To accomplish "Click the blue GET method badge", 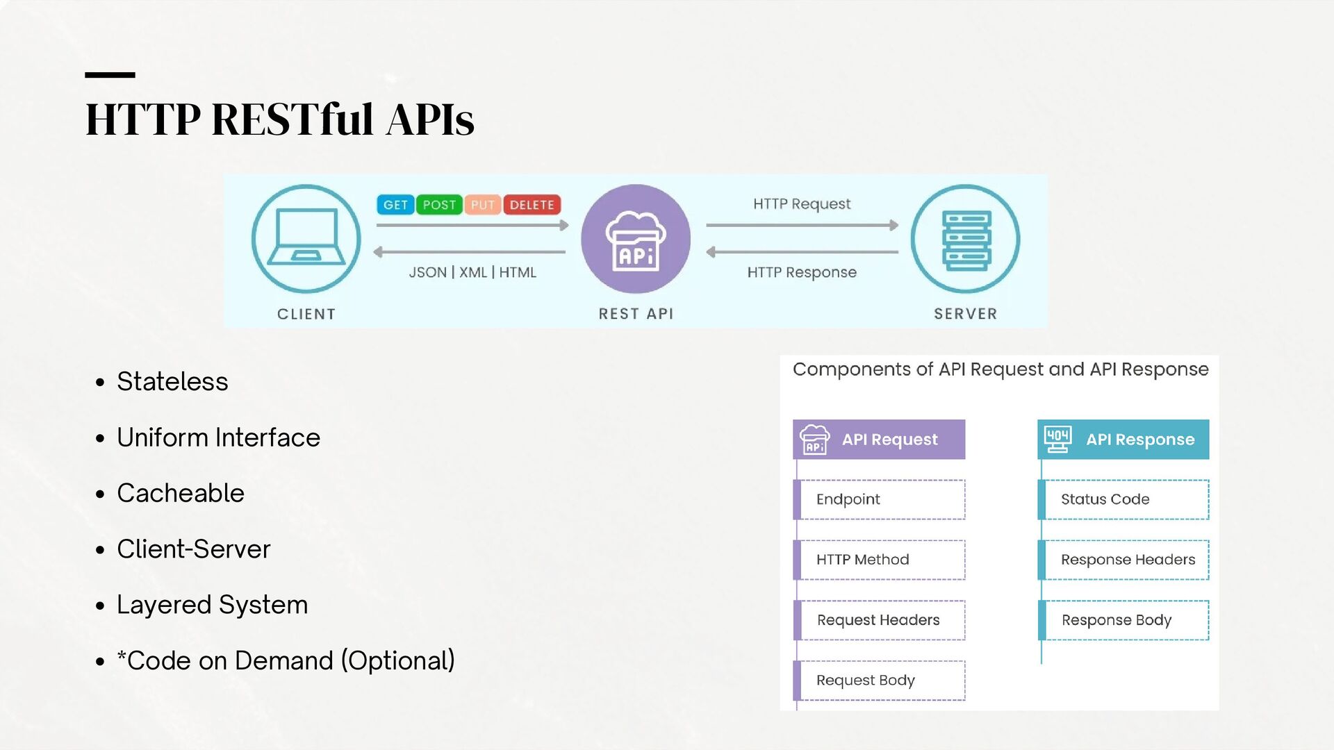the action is [395, 205].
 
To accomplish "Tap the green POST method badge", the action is [439, 205].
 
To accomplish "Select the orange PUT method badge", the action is [483, 205].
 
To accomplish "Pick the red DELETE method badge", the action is [532, 205].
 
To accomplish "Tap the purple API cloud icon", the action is [636, 239].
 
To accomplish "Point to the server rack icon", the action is [966, 240].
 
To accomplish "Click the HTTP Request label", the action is [802, 204].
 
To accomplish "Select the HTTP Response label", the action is [802, 272].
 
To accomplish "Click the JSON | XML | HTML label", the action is [472, 272].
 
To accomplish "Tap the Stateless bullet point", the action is [172, 381].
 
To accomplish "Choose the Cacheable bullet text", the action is [181, 493].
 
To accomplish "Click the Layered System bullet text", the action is [213, 605].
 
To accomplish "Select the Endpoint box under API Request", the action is [880, 499].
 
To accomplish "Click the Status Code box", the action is [1123, 499].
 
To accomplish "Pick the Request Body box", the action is [880, 681].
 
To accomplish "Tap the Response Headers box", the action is [1123, 560].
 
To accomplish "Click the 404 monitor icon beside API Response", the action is [1057, 439].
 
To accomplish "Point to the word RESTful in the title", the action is [293, 119].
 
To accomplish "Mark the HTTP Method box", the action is [880, 560].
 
